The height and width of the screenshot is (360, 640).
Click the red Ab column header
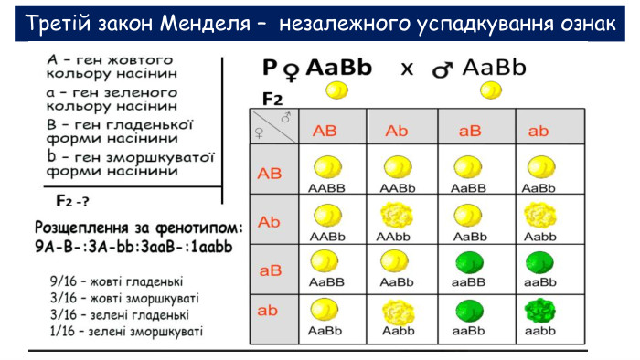click(396, 131)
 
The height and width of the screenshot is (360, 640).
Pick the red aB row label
click(271, 270)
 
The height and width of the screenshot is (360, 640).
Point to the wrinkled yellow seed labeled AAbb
click(396, 216)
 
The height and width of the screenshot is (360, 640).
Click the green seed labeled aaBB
click(468, 263)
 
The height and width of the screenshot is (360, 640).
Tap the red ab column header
click(539, 131)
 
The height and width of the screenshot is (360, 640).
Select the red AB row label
click(271, 173)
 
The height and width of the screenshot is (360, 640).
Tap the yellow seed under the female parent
click(337, 90)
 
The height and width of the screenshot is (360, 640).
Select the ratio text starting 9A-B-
click(133, 245)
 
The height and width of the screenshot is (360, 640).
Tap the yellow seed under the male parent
click(492, 90)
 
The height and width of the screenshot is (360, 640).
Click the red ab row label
click(267, 311)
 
